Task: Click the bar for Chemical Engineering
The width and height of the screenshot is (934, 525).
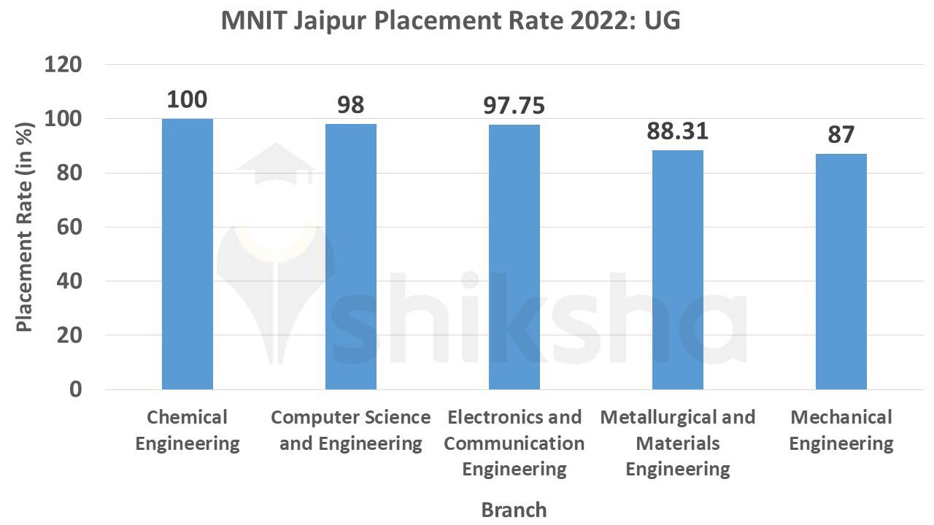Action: (188, 254)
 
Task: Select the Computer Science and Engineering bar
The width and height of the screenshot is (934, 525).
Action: (351, 257)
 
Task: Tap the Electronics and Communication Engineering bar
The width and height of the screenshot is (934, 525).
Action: (514, 257)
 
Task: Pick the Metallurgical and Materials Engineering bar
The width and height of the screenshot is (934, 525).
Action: (678, 270)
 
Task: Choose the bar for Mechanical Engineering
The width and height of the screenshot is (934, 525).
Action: (841, 271)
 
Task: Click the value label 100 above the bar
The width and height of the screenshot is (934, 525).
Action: (187, 100)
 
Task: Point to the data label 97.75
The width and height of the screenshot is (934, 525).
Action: (514, 106)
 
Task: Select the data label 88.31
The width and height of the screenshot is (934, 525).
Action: (677, 131)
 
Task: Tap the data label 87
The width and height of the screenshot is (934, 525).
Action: (841, 135)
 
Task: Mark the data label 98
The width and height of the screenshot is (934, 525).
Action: (350, 105)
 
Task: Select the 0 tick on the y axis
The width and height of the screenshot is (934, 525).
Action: (75, 390)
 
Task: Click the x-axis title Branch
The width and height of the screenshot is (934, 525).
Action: (514, 509)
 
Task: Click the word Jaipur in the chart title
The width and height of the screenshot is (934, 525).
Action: (333, 22)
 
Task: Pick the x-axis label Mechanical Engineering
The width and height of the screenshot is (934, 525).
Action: (841, 430)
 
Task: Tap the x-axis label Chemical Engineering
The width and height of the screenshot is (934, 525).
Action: (188, 430)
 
